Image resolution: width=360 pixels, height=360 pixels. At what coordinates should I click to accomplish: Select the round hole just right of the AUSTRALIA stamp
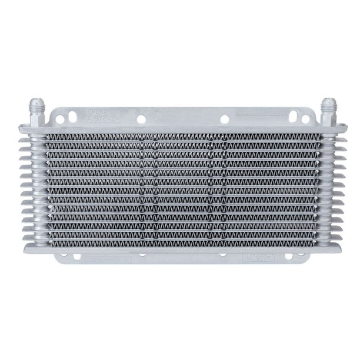pos(141,119)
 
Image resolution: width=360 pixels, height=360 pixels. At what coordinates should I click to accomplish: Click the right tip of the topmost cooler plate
pos(343,126)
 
